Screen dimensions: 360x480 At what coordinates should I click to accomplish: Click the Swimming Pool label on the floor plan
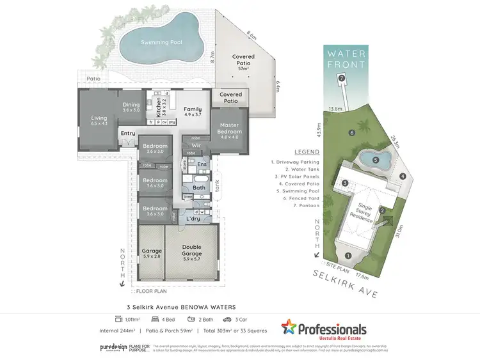(161, 42)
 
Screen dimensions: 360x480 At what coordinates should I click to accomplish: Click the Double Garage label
(191, 250)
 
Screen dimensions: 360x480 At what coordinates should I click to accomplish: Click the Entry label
(128, 133)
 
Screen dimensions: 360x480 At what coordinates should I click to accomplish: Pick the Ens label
(201, 165)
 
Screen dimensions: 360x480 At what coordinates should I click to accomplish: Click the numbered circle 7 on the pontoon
(342, 78)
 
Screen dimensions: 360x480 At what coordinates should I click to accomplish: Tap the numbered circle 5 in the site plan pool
(376, 160)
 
